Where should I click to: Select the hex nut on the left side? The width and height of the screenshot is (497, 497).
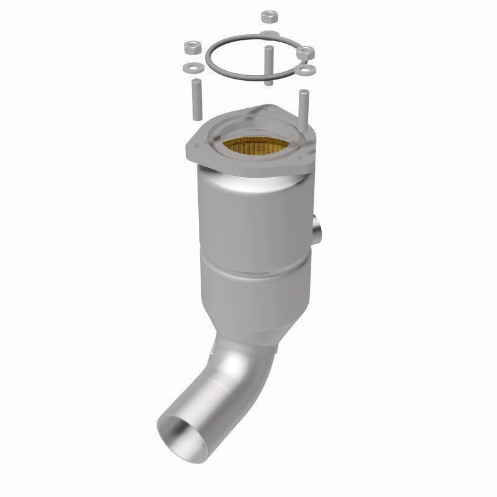[191, 47]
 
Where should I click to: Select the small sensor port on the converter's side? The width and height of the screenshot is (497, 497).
[319, 228]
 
